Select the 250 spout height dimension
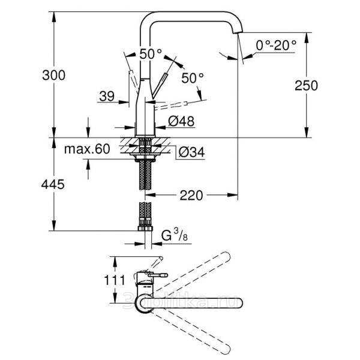pos(307,86)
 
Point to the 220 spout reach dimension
pos(191,195)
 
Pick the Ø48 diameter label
pos(181,121)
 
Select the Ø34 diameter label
pos(193,152)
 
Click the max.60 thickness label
pos(87,149)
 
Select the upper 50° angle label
pos(150,53)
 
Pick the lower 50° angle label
pos(193,77)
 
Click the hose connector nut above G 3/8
pos(145,227)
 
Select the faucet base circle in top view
pos(145,302)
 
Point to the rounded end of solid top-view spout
pos(239,302)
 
